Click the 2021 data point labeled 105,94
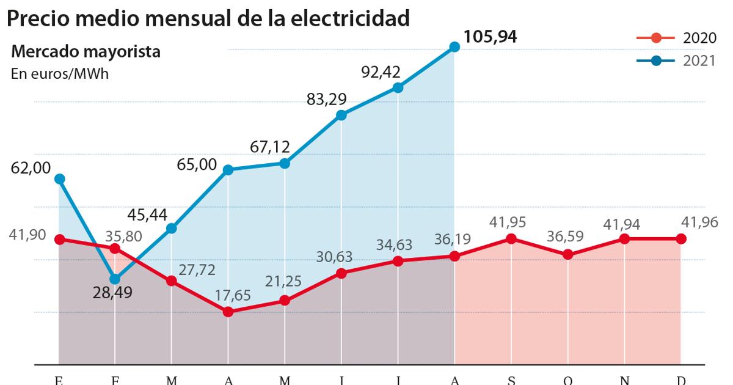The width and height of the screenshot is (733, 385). (454, 46)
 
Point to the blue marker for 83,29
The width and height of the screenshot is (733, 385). (341, 115)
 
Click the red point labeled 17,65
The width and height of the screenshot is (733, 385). (228, 312)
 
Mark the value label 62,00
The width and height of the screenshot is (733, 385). (31, 167)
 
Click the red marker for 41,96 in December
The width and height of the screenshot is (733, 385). (681, 239)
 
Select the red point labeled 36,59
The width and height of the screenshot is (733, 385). (568, 254)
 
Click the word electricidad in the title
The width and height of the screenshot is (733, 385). (343, 18)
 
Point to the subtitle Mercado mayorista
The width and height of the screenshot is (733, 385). (86, 52)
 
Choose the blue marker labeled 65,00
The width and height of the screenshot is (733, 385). (228, 169)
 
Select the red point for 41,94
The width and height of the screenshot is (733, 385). (625, 239)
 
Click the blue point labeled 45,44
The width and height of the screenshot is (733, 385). (172, 228)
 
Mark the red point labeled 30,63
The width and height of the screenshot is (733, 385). (341, 273)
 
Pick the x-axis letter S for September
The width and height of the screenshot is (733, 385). (511, 380)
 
